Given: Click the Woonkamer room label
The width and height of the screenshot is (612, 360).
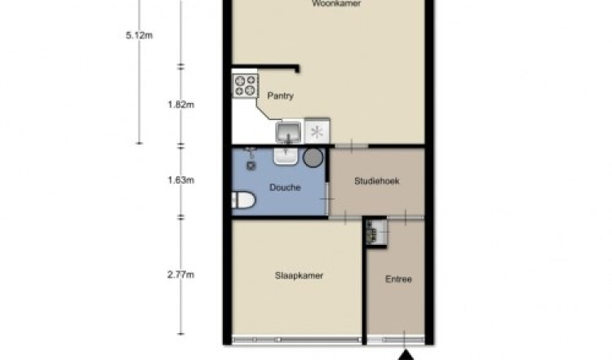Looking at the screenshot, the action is tap(336, 3).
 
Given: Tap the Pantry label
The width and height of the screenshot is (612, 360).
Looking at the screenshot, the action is tap(280, 96).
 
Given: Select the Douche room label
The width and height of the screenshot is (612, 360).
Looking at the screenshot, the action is tap(285, 188).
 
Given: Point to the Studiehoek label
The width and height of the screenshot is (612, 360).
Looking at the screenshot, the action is tap(377, 180).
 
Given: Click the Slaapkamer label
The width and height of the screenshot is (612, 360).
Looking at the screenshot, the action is tap(299, 276).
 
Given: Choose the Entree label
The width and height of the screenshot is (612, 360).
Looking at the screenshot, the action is tap(398, 279).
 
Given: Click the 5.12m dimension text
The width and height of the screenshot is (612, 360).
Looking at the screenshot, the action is tap(139, 36).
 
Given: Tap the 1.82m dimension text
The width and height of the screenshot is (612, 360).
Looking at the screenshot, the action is tap(180, 104).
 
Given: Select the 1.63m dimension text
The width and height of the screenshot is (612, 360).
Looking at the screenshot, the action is tap(180, 180).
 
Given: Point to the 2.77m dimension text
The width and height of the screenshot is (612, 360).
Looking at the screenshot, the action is tap(180, 275).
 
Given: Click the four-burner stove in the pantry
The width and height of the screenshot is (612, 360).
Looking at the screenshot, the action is tap(245, 86).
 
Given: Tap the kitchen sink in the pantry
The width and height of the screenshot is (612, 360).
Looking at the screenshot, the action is tap(288, 132).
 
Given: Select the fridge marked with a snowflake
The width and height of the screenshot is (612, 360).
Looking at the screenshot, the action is tap(317, 131).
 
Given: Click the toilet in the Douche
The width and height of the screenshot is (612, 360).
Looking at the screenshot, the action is tap(243, 200).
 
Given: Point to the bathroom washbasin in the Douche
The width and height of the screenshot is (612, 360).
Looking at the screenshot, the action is tap(286, 156).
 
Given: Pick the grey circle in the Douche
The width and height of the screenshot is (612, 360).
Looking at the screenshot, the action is tap(313, 158).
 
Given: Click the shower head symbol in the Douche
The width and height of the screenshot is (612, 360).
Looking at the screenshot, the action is tap(251, 159).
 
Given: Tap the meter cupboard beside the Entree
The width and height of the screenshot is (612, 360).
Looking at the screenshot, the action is tap(375, 232).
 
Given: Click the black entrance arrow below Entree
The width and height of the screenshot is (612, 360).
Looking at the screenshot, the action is tap(406, 355).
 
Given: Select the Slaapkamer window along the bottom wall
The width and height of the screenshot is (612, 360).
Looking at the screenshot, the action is tap(297, 340).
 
